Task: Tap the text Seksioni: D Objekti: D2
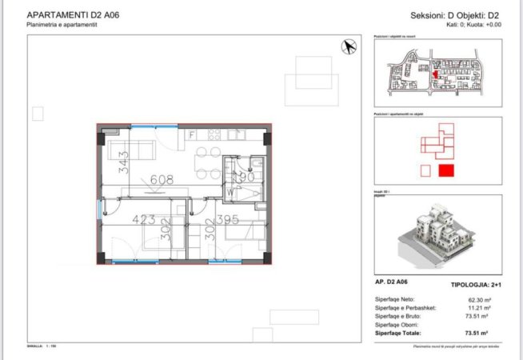click(455, 15)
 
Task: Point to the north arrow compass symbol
click(349, 47)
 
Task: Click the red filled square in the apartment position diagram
click(446, 170)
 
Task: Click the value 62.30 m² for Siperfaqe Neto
click(477, 300)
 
